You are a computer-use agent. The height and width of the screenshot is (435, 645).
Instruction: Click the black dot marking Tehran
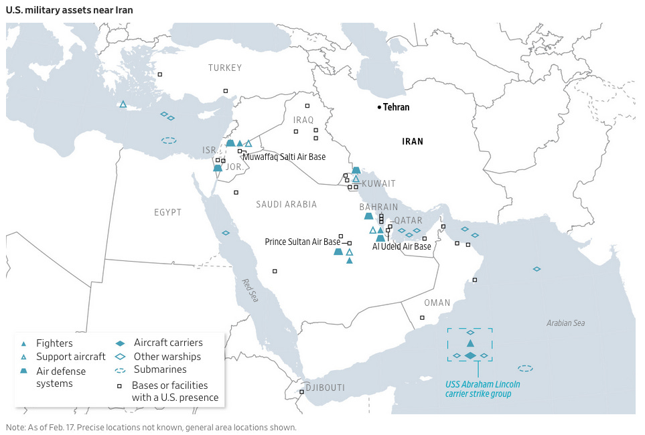[x=378, y=107]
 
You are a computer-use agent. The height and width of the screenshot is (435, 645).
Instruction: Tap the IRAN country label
[x=413, y=141]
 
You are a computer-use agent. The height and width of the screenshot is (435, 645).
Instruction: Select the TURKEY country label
[x=224, y=68]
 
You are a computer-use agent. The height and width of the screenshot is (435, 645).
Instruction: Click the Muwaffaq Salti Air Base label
[x=285, y=157]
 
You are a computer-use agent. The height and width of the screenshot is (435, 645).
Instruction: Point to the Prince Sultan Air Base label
[x=303, y=242]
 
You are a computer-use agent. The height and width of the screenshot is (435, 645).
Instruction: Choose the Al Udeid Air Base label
[x=402, y=246]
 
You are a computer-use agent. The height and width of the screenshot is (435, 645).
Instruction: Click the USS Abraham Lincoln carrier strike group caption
[x=483, y=389]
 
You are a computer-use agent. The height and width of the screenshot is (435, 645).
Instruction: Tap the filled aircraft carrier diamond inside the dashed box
[x=470, y=355]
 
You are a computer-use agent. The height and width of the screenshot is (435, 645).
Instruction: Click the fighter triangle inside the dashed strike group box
[x=470, y=343]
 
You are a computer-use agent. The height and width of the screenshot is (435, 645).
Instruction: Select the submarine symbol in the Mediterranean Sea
[x=169, y=141]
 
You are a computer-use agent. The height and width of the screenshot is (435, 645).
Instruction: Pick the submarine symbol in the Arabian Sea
[x=526, y=368]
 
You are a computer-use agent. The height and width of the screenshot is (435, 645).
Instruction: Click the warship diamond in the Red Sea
[x=226, y=233]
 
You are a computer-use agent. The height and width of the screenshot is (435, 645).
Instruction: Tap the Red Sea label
[x=249, y=290]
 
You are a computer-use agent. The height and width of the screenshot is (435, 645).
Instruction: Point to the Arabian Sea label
[x=565, y=323]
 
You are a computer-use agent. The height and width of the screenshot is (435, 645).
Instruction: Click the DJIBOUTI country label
[x=324, y=387]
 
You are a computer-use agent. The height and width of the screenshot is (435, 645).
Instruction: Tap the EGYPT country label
[x=167, y=212]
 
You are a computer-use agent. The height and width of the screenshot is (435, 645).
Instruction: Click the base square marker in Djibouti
[x=302, y=391]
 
